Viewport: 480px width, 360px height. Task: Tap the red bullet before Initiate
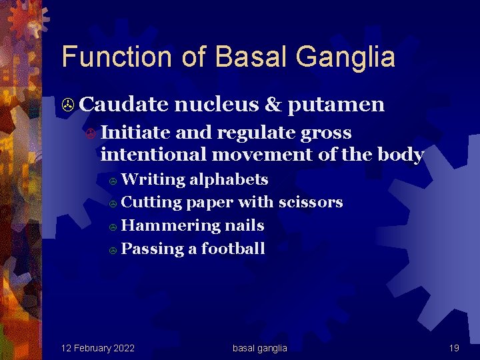90,133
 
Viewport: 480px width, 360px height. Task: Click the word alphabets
229,179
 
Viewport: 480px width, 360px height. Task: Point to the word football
233,249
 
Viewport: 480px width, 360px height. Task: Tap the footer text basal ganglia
259,348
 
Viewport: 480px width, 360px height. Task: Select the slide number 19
454,348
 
